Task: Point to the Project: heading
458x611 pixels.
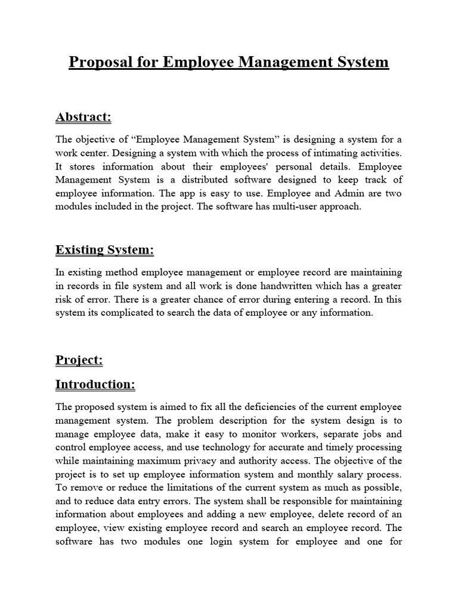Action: (79, 360)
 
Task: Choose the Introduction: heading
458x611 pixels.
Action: (95, 385)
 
